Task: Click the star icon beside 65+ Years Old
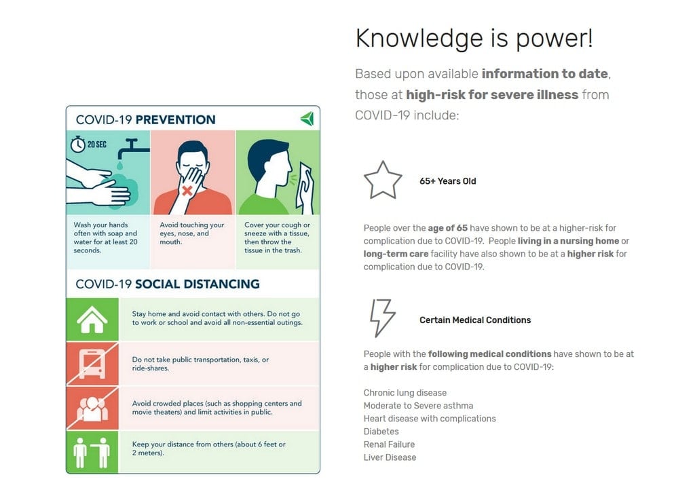pos(383,180)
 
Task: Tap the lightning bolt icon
pos(382,318)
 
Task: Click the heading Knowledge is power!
pos(474,38)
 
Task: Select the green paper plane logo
pos(307,119)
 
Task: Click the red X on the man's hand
pos(187,191)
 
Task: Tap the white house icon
pos(92,319)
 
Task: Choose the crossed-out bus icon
pos(92,364)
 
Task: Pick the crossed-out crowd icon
pos(92,408)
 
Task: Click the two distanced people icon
pos(92,452)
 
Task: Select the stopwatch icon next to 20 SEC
pos(77,145)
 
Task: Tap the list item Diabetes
pos(381,432)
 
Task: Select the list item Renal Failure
pos(389,444)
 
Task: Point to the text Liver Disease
pos(390,457)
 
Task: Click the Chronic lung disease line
pos(405,393)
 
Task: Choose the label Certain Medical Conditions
pos(475,320)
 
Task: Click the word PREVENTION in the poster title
pos(175,120)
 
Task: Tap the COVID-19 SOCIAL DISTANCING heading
pos(168,284)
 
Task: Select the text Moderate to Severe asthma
pos(418,406)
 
